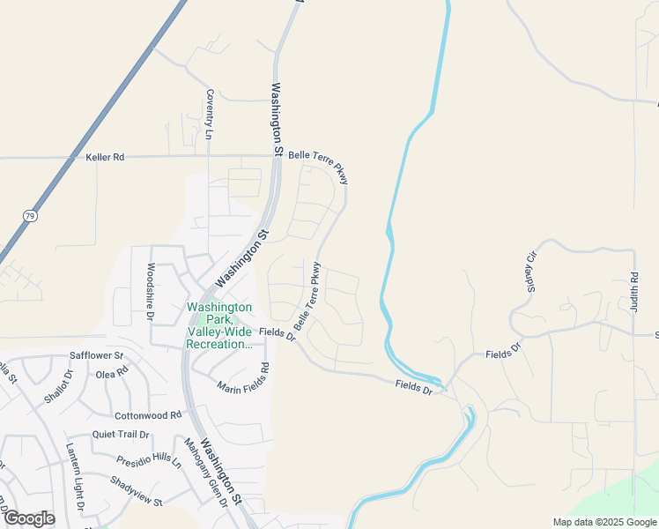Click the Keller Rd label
click(x=105, y=157)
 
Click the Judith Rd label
click(x=633, y=291)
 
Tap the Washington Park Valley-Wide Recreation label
click(x=220, y=325)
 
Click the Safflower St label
click(x=96, y=356)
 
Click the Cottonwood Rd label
click(x=147, y=414)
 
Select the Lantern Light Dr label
click(x=73, y=477)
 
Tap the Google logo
click(x=28, y=518)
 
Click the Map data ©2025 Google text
click(x=603, y=522)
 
